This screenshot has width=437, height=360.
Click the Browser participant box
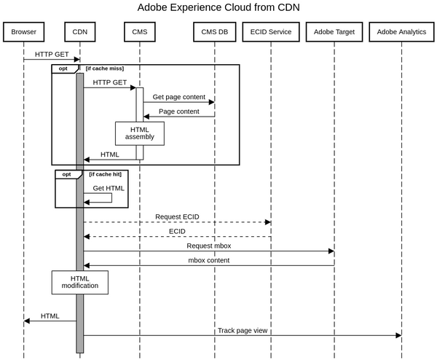click(23, 32)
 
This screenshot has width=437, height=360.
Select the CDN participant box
click(79, 32)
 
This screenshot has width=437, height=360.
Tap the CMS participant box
click(139, 32)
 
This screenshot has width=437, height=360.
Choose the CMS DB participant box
click(215, 32)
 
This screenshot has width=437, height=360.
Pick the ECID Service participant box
click(270, 32)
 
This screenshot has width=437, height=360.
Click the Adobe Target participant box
click(334, 32)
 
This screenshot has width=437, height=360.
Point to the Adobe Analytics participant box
click(402, 32)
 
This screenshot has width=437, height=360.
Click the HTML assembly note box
click(139, 133)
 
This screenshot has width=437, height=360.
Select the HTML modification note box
click(80, 282)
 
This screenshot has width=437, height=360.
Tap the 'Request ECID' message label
click(177, 217)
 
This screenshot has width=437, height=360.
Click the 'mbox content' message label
click(208, 260)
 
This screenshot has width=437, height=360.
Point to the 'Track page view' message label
click(243, 331)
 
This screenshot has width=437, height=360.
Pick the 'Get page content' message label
click(178, 97)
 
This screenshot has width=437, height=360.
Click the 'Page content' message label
click(179, 111)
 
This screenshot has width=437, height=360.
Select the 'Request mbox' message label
click(209, 246)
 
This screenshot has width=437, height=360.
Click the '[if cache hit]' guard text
click(104, 175)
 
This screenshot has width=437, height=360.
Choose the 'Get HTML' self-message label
click(109, 188)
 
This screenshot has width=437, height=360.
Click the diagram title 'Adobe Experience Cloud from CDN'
click(219, 8)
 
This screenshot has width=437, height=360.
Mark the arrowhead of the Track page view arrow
click(398, 335)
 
